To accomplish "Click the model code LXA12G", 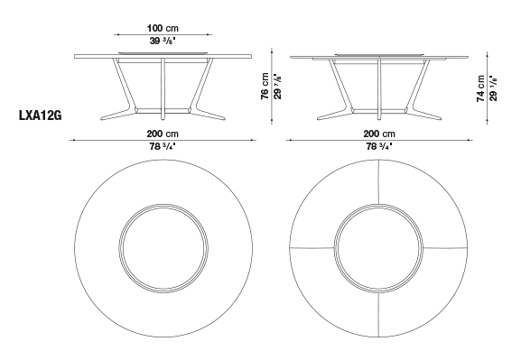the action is coord(41,115).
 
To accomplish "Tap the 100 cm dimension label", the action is coord(163,28).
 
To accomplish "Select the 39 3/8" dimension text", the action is coord(163,42).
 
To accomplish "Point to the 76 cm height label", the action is coord(265,86).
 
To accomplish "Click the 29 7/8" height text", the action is coord(278,86).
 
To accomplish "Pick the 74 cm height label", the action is coord(480,88).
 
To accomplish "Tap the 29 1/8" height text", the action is coord(493,88).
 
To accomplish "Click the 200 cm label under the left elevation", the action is coord(163,134).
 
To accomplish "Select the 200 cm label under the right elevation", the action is coord(379,134).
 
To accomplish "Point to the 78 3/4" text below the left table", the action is coord(163,146).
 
